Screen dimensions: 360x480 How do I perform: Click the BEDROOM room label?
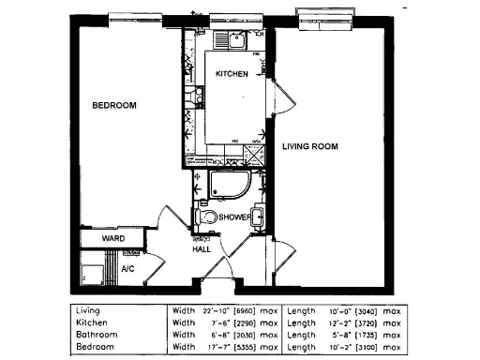coord(113,106)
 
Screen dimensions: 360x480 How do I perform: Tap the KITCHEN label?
coord(232,73)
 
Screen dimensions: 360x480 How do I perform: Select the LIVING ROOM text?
coord(310,146)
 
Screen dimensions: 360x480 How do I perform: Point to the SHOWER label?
coord(233,217)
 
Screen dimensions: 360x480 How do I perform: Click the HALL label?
coord(202,249)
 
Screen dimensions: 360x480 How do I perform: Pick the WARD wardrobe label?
coord(114,239)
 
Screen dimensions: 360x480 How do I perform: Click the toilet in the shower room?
coord(207,217)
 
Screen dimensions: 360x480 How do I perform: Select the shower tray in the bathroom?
coord(229,185)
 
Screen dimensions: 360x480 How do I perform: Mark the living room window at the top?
coord(325,14)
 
